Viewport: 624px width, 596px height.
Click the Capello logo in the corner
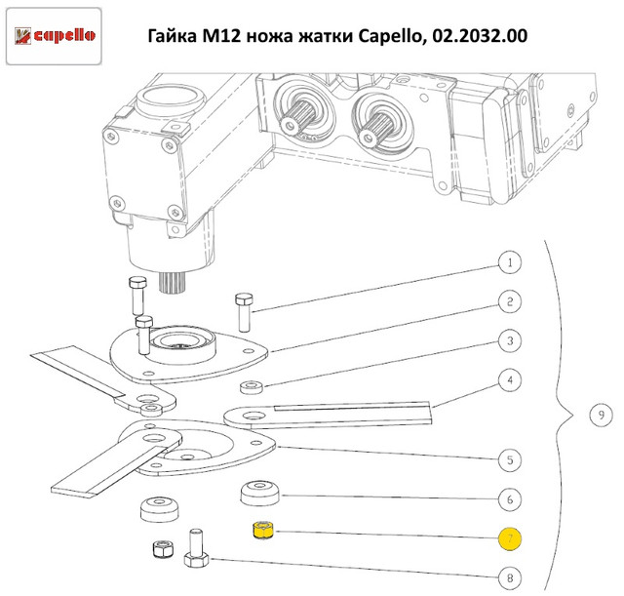pos(55,36)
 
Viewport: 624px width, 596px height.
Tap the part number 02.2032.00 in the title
pos(480,36)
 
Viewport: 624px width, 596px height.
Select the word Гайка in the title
pos(173,36)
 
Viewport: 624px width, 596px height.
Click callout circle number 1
pos(510,262)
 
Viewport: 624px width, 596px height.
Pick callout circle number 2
pos(510,301)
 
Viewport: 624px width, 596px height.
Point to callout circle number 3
pos(510,341)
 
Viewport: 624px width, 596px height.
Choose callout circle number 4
pos(510,380)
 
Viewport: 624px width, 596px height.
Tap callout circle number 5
pos(510,460)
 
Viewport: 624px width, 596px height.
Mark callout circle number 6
pos(510,499)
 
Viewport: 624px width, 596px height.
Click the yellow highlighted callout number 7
pos(510,539)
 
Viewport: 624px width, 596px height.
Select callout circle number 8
pos(510,578)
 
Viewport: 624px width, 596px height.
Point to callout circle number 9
pos(601,416)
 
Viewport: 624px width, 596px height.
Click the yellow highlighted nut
pos(262,530)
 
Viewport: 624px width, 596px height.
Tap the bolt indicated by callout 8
pos(197,547)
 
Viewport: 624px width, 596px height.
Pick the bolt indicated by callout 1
pos(244,312)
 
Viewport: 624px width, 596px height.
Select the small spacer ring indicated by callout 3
pos(252,387)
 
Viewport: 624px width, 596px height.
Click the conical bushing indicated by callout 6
pos(260,494)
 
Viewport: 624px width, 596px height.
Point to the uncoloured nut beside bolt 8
pos(163,549)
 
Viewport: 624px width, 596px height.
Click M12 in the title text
pos(221,36)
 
